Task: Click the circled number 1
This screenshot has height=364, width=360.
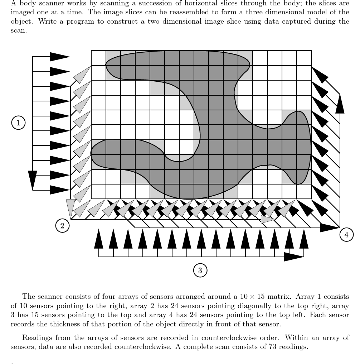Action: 18,123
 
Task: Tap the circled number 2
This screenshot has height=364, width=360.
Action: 62,226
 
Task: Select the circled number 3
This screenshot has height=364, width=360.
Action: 200,270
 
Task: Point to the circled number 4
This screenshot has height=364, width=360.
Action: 346,235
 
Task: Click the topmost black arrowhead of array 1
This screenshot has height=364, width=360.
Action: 59,57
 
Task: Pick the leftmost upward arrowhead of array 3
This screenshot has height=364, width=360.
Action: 99,239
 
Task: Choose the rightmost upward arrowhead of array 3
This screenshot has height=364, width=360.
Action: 304,239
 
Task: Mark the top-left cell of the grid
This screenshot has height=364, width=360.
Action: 98,58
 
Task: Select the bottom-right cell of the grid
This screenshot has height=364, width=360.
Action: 304,191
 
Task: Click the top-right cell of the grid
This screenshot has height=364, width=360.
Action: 304,58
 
